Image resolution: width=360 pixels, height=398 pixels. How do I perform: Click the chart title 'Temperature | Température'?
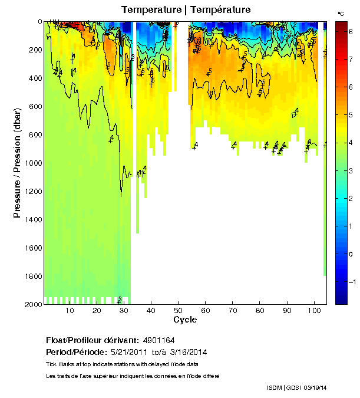point(186,9)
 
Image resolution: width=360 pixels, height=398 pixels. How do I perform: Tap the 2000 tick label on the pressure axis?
point(33,304)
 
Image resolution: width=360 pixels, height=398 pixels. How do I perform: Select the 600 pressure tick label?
point(35,106)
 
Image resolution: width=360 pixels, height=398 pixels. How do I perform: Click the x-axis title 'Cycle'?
point(185,320)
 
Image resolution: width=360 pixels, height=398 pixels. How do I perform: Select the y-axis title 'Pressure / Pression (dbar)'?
point(18,163)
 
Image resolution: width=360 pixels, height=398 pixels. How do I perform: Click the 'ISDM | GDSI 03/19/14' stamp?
point(296,387)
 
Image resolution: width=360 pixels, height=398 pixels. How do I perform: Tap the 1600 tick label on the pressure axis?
point(33,248)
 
